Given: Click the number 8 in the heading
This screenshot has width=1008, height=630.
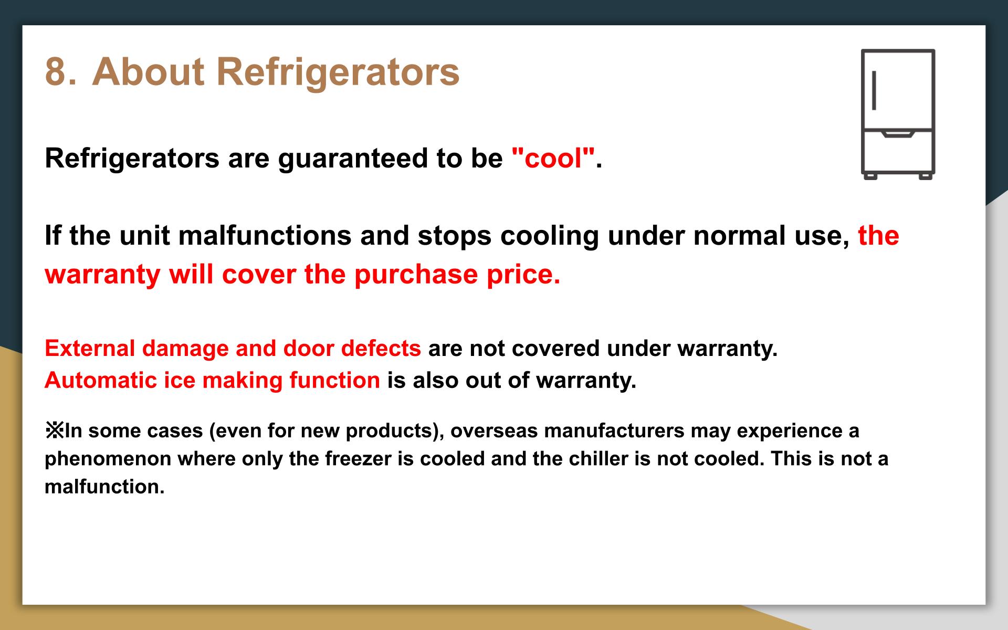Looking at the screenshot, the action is click(x=57, y=71).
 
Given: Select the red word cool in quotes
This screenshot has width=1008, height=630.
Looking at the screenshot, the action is click(x=553, y=158).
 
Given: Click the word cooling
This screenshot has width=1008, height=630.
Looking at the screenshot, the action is click(x=550, y=237).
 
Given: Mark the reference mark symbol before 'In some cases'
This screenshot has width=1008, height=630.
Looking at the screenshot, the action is click(x=54, y=431).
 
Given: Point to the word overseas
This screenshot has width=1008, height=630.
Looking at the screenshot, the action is click(x=493, y=431).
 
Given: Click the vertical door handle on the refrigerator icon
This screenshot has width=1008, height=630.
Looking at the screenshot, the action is click(x=874, y=90).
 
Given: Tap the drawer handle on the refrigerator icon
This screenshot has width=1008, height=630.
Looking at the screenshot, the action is click(x=898, y=134).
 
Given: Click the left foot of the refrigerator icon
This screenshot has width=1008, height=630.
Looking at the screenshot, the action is click(x=871, y=177).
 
